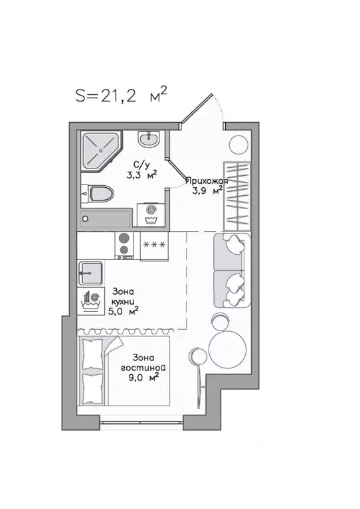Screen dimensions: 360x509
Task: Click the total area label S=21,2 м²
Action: point(121,95)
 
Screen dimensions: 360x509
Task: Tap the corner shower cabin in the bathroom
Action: point(101,150)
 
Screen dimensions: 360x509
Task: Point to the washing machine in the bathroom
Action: point(150,214)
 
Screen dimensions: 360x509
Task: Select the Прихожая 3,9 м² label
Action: point(207,185)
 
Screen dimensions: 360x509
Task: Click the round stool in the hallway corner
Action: point(239,145)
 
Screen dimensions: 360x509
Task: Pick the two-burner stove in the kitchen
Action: point(124,246)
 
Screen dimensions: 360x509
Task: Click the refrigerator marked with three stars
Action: point(154,246)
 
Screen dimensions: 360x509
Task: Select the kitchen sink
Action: point(90,273)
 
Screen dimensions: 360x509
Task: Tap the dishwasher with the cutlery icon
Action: point(90,301)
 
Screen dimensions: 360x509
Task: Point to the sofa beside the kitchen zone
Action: point(232,270)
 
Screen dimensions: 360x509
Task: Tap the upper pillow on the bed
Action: point(92,354)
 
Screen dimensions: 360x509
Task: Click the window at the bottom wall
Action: point(141,422)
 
